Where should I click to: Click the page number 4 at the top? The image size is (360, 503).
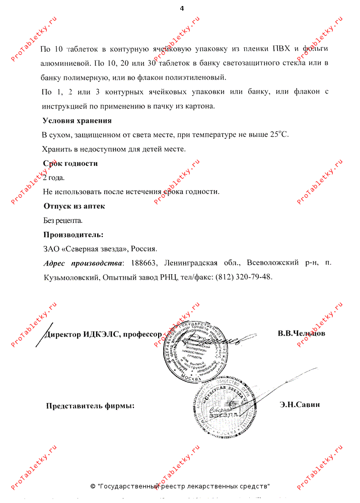182,9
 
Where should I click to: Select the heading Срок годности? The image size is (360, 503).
70,163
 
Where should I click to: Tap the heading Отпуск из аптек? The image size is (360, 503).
74,206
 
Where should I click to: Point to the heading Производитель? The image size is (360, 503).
74,234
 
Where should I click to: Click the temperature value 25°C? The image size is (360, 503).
279,134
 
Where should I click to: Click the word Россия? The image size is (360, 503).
145,248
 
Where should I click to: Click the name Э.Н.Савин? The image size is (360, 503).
300,404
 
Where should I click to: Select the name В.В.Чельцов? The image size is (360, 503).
301,333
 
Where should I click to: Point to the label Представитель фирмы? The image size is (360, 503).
91,406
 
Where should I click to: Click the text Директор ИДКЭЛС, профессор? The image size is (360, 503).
103,334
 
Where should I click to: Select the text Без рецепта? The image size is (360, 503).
63,220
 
